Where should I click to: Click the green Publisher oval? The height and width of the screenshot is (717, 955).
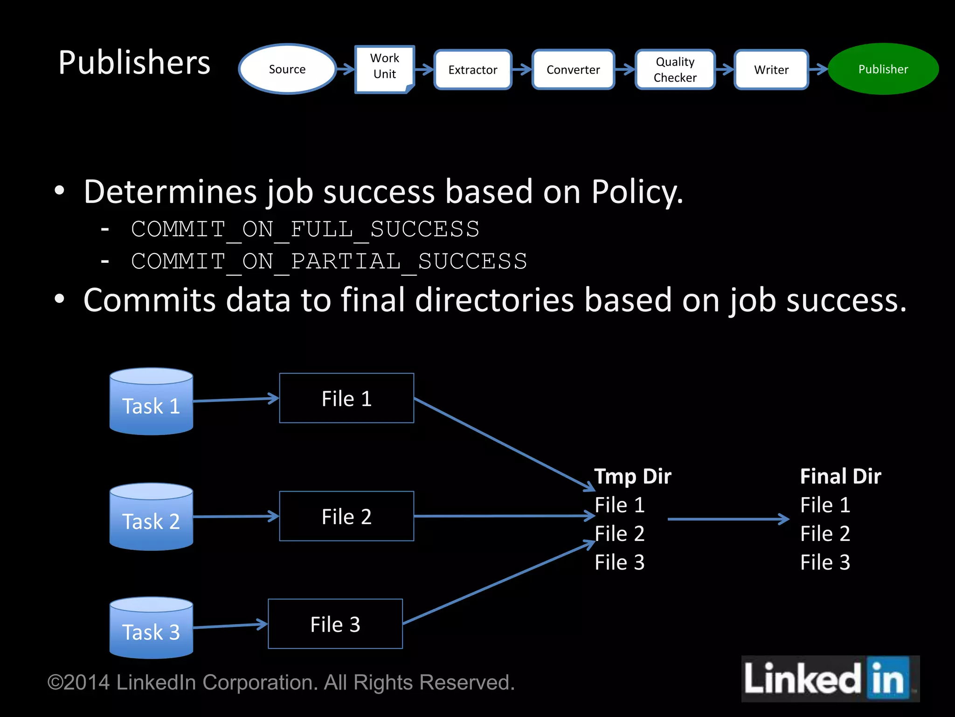coord(883,69)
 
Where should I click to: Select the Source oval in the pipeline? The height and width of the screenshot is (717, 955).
coord(287,69)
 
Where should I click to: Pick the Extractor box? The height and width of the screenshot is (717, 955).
coord(472,70)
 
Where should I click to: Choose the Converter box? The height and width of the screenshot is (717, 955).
coord(573,70)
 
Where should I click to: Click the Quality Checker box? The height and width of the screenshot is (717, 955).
coord(675,70)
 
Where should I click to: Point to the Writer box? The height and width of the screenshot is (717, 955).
coord(771,70)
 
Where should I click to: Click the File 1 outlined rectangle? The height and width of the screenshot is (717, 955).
coord(346,398)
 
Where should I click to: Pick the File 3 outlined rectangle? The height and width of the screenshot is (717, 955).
coord(335,624)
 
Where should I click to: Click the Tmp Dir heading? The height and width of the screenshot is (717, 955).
coord(632,477)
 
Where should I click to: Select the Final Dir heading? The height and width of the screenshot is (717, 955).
coord(840,477)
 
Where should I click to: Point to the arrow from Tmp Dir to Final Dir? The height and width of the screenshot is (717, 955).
coord(727,519)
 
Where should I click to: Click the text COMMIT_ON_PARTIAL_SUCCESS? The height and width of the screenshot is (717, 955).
coord(329,261)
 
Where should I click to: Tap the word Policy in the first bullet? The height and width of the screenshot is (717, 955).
coord(637,192)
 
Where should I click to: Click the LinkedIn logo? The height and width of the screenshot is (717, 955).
coord(830,679)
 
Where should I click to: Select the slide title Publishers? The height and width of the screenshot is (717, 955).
coord(134,63)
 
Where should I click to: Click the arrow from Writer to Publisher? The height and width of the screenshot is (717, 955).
coord(818,70)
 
